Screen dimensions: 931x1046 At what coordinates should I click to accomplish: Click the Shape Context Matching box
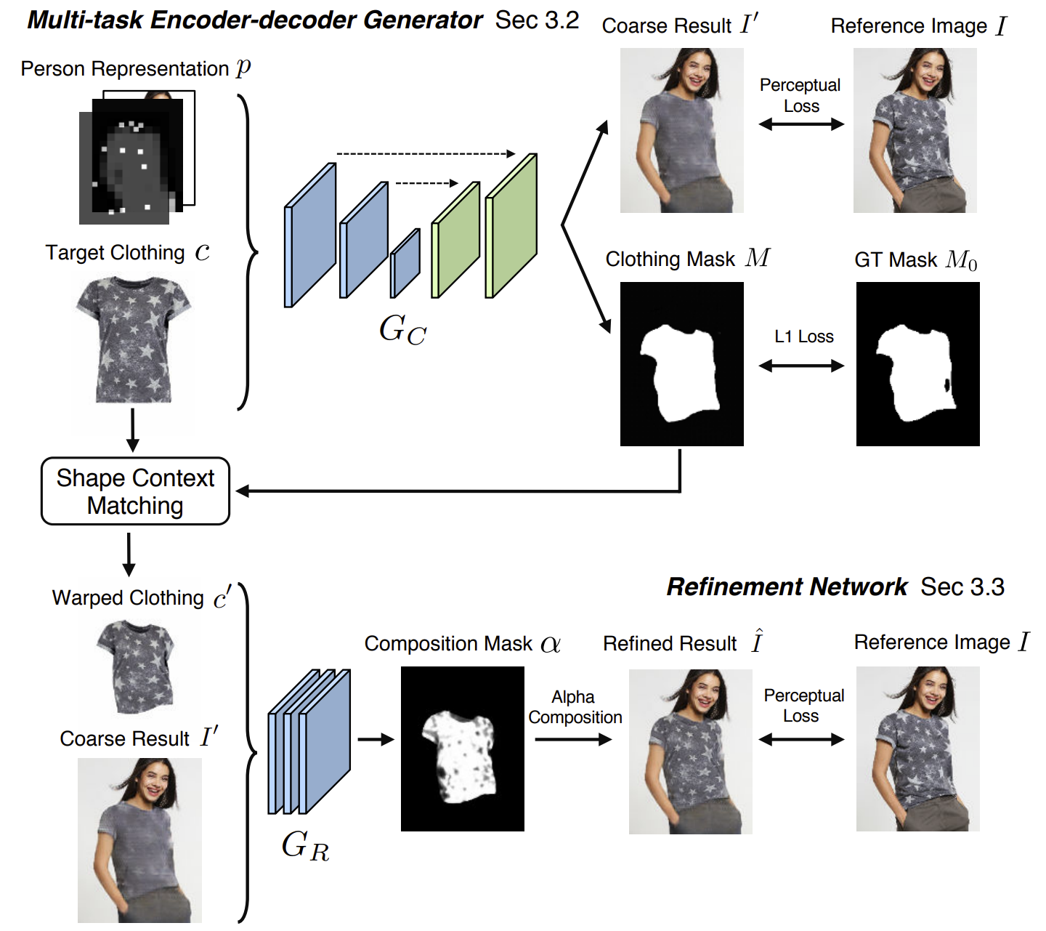click(135, 491)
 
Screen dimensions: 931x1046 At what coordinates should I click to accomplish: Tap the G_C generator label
click(402, 330)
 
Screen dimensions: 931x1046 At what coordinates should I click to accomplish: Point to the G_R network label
click(305, 846)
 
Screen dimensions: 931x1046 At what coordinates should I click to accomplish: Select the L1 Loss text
click(803, 336)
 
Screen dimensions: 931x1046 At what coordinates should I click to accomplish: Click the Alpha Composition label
click(575, 707)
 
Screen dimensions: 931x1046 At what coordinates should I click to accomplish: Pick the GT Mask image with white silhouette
click(917, 364)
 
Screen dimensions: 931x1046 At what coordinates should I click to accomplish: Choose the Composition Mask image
click(462, 749)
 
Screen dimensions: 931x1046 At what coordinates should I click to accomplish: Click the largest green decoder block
click(511, 226)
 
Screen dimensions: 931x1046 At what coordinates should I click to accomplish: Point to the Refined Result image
click(690, 751)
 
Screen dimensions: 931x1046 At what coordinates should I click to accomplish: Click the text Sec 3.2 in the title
click(537, 20)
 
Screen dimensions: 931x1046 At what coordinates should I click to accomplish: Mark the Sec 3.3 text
click(962, 587)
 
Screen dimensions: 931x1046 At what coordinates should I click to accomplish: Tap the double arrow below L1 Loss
click(801, 366)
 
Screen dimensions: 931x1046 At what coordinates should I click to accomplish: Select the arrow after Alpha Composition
click(573, 740)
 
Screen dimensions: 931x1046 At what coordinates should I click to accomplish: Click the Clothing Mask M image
click(681, 364)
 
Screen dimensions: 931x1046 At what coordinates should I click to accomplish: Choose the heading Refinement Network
click(787, 587)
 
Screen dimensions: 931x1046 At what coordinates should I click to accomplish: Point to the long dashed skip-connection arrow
click(426, 154)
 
